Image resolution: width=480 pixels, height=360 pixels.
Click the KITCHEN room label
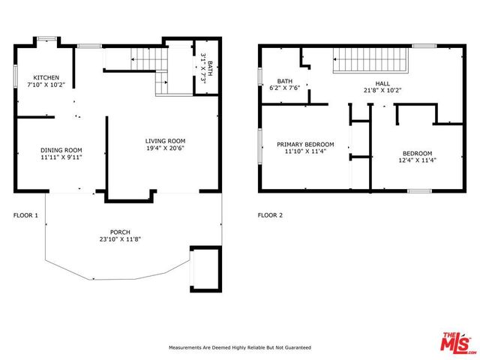pyautogui.click(x=46, y=77)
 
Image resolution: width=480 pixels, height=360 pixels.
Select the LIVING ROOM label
pyautogui.click(x=165, y=141)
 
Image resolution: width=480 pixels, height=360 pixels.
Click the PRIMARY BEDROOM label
pyautogui.click(x=305, y=144)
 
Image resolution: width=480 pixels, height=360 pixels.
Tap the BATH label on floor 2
pyautogui.click(x=285, y=81)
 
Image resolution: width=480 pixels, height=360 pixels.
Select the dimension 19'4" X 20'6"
pyautogui.click(x=165, y=148)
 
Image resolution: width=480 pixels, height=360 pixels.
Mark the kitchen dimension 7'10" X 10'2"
pyautogui.click(x=46, y=85)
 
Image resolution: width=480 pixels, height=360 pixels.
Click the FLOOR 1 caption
pyautogui.click(x=25, y=215)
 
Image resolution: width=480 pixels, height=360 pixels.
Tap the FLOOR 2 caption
pyautogui.click(x=270, y=215)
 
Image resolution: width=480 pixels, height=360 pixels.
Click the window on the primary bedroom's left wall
pyautogui.click(x=259, y=148)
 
